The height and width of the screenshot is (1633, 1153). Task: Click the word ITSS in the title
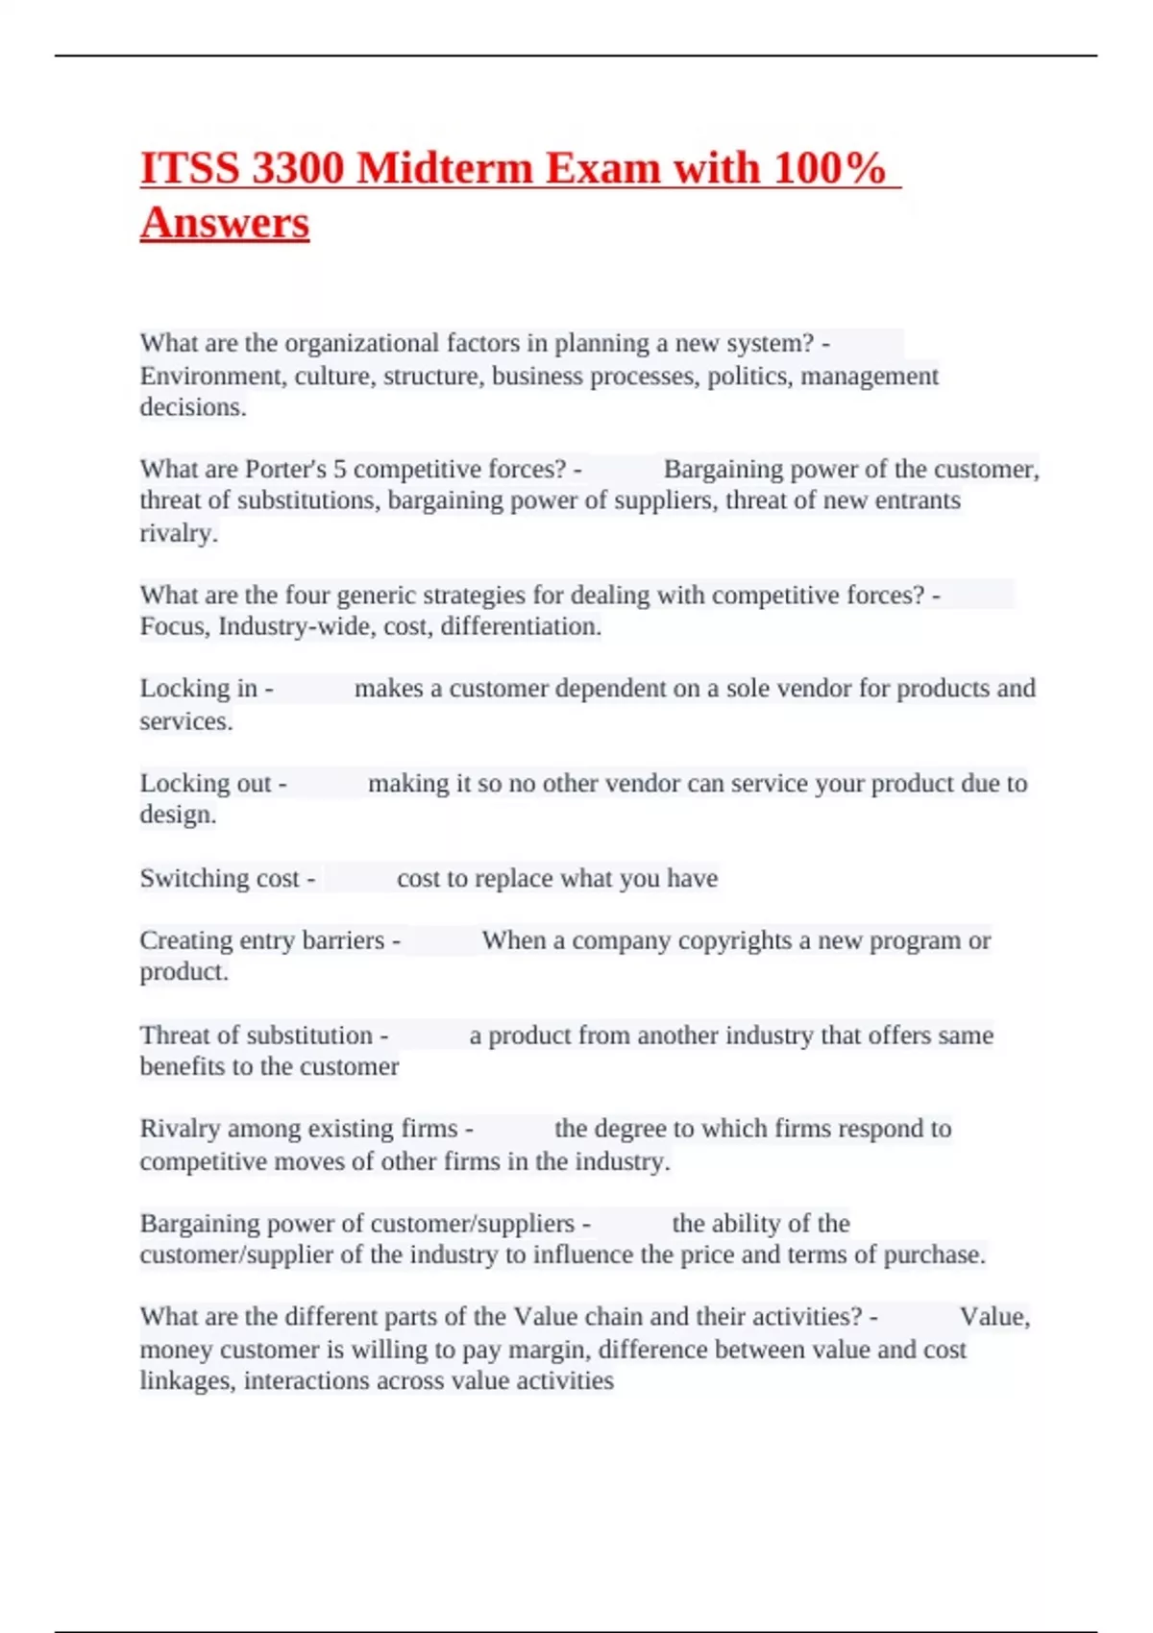(188, 168)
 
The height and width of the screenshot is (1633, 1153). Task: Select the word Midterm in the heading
(444, 168)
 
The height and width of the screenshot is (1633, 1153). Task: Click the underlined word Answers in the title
(225, 223)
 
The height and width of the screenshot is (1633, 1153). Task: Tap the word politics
(749, 376)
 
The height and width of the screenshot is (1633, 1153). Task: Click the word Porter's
(285, 469)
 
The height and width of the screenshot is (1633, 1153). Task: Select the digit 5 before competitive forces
(339, 469)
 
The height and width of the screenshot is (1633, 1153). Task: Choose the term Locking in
(199, 689)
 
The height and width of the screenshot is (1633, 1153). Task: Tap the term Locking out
(206, 783)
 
